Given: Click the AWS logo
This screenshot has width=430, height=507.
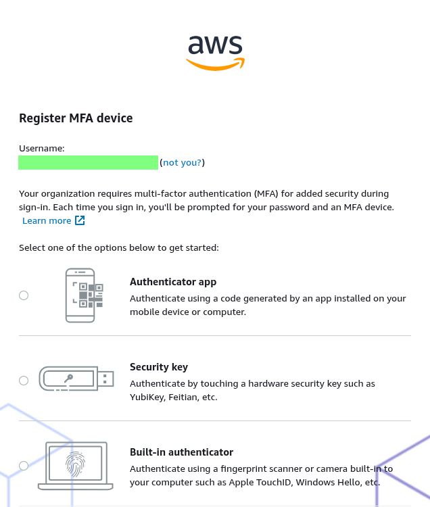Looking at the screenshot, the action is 215,53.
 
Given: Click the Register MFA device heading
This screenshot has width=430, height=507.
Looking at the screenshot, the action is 76,118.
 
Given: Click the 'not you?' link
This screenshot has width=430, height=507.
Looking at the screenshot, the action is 182,162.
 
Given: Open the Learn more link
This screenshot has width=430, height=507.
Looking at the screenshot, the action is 47,220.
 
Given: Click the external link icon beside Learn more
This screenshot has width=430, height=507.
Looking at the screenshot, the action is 80,220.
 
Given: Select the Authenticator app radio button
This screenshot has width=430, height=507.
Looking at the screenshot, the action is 24,295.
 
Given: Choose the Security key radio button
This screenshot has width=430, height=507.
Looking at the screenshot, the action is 24,381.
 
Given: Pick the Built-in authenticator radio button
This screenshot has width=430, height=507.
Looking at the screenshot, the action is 24,466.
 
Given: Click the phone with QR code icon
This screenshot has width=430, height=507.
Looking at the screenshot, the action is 84,295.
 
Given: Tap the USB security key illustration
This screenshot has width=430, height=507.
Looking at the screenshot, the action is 76,379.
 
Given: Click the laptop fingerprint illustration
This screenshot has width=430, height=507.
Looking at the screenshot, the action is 76,466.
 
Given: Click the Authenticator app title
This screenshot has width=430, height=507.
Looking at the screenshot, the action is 173,282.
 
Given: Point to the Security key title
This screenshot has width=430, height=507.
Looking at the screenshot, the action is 159,367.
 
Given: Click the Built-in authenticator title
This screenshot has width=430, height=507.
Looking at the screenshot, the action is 181,452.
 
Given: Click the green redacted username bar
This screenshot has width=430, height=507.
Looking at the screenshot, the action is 89,162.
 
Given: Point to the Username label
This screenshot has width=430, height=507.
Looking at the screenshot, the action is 42,149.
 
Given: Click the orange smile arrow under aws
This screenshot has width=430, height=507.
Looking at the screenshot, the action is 215,64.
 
